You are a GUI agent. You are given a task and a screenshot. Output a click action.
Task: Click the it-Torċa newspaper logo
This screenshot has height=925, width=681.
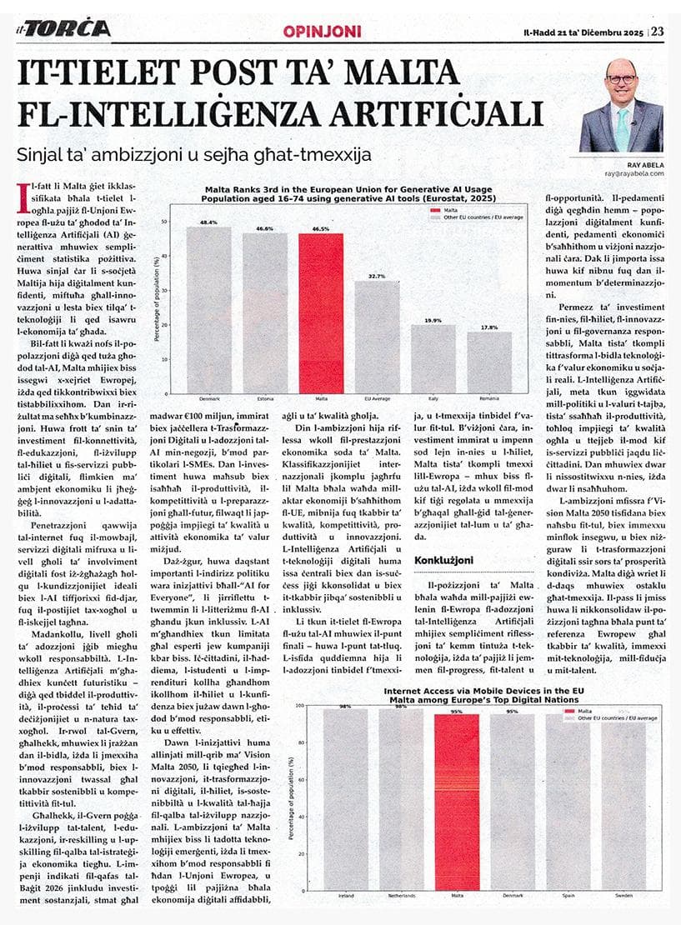(63, 28)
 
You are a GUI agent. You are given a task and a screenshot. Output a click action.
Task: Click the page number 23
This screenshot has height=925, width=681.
(658, 31)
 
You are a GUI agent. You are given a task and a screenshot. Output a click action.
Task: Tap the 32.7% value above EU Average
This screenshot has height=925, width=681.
(377, 276)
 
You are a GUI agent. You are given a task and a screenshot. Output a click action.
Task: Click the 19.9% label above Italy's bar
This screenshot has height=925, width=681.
(433, 320)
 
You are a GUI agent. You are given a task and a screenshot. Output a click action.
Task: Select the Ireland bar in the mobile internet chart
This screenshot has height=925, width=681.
(346, 800)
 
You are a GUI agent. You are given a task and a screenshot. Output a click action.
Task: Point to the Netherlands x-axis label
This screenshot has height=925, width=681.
(401, 896)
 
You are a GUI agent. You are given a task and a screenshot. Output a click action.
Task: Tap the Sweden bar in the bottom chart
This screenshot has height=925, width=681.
(623, 800)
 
